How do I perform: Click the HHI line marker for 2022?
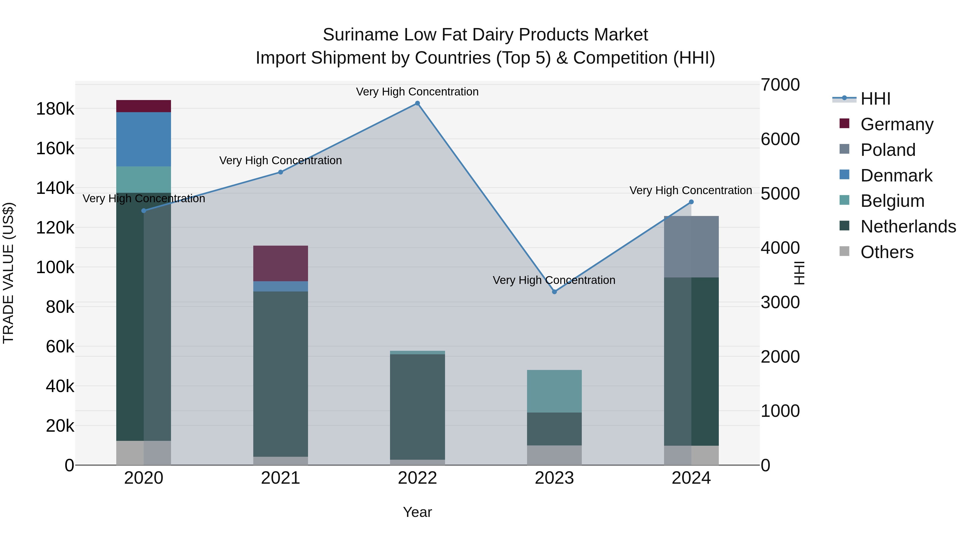[417, 103]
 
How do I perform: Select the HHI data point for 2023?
[554, 292]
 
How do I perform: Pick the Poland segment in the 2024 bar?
[691, 247]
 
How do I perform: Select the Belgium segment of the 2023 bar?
[554, 391]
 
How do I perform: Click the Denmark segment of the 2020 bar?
[143, 139]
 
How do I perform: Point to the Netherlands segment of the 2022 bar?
[417, 407]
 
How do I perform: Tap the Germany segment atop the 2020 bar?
[143, 106]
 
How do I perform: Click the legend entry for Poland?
[888, 150]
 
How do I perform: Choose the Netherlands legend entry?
[908, 226]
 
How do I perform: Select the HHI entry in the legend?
[875, 99]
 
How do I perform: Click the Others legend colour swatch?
[844, 251]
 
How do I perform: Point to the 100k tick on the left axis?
[55, 267]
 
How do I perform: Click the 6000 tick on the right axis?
[780, 139]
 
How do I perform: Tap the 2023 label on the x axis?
[554, 478]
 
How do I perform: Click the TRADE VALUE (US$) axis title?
[8, 273]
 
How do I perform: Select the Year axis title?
[417, 512]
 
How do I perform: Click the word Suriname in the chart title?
[360, 35]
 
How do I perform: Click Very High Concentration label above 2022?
[417, 92]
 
